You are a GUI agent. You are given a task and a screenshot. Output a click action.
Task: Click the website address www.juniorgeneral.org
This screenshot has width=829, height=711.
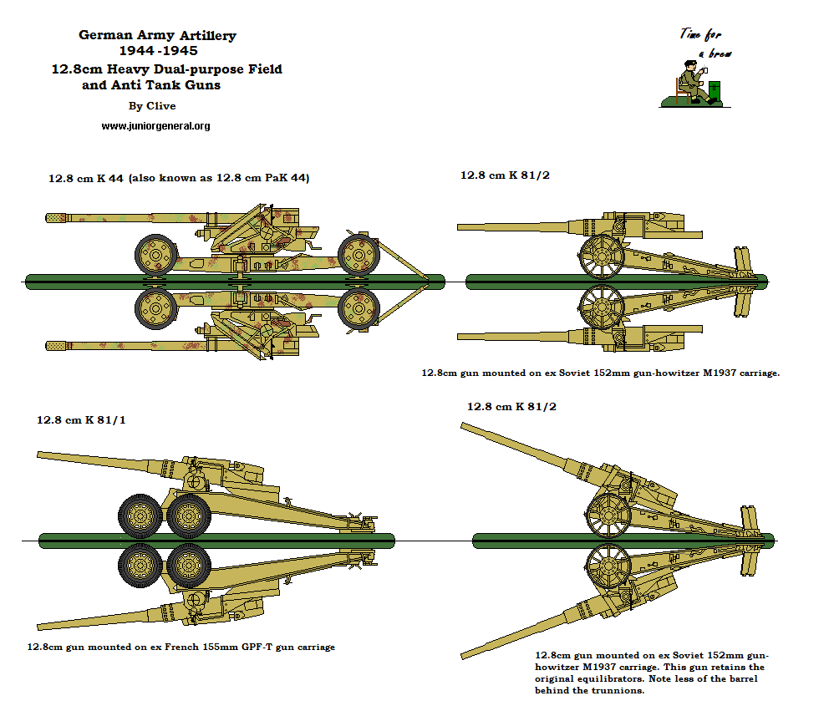[x=155, y=125]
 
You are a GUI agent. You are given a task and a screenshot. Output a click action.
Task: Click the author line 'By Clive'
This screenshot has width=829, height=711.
[x=152, y=106]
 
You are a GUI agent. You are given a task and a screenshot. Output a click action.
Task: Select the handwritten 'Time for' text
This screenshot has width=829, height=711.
[x=699, y=35]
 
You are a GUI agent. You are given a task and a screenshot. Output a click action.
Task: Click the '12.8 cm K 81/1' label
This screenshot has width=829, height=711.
[x=81, y=419]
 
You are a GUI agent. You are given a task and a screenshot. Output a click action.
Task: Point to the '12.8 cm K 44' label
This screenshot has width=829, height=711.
[x=84, y=178]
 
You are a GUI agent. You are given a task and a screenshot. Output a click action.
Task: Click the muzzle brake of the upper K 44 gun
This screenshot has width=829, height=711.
[x=56, y=218]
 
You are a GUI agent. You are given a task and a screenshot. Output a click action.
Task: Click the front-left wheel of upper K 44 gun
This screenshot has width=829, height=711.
[x=156, y=254]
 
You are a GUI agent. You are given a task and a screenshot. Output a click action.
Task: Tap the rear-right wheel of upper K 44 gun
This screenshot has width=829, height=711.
[x=359, y=254]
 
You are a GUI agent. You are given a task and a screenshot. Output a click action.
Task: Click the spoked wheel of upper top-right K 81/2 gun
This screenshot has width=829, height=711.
[x=602, y=256]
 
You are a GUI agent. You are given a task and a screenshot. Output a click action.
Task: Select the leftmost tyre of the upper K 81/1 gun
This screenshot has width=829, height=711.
[x=140, y=516]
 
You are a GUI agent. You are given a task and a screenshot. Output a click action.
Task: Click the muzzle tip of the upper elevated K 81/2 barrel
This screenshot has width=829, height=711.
[x=465, y=426]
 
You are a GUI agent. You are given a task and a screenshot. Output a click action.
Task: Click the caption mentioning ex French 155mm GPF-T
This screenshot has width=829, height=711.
[x=181, y=647]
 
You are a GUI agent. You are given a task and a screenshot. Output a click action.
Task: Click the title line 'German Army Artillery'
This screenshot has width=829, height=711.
[x=157, y=35]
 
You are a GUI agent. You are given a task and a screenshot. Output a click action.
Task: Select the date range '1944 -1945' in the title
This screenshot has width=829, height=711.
[x=159, y=52]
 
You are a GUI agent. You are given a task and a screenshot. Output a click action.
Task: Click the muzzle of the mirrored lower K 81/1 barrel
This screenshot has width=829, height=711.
[x=40, y=626]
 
